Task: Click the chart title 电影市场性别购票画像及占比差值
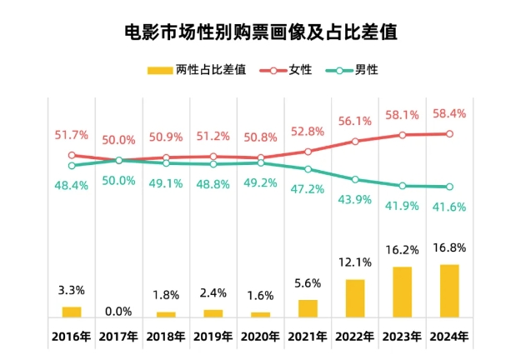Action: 259,32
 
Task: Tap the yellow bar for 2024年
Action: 450,291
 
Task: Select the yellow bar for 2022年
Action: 355,298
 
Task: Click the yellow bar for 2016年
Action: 72,312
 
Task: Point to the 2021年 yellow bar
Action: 308,308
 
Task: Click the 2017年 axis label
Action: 119,337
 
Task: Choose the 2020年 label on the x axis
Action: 261,337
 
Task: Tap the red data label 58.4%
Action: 450,112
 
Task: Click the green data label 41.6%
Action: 450,207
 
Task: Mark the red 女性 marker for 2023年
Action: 403,134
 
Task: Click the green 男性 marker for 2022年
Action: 355,180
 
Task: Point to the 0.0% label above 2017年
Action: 119,311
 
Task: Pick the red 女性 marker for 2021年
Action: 308,152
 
